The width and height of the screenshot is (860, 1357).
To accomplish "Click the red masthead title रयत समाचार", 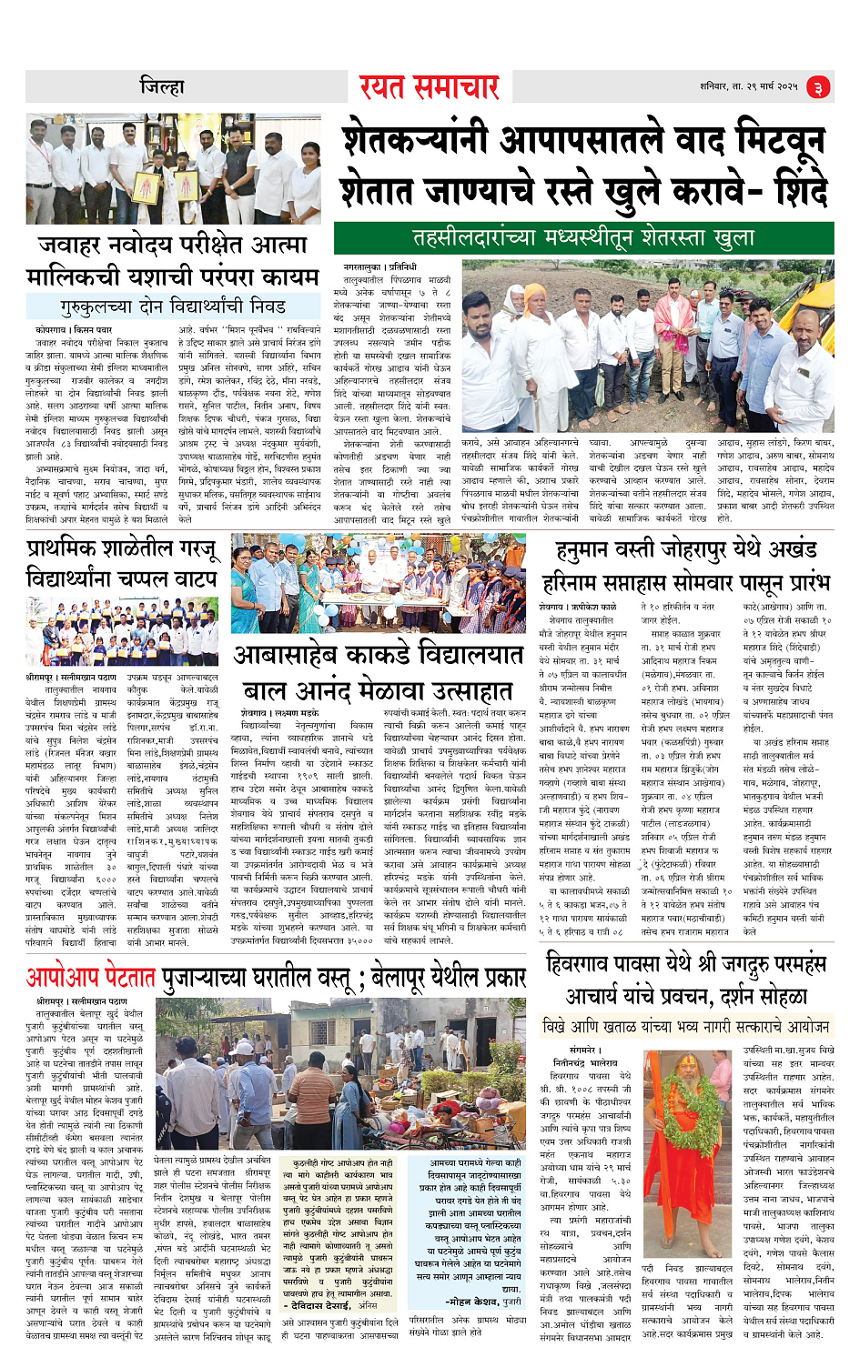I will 429,87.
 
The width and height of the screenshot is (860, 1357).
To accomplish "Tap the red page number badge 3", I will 818,88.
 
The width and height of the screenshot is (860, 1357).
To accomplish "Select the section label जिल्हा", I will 162,87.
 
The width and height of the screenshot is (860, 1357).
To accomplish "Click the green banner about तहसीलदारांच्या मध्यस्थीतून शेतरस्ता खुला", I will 583,238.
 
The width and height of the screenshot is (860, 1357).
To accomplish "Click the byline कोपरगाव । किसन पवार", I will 74,328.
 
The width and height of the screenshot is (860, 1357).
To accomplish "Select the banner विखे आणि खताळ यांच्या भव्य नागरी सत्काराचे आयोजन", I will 685,1026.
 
